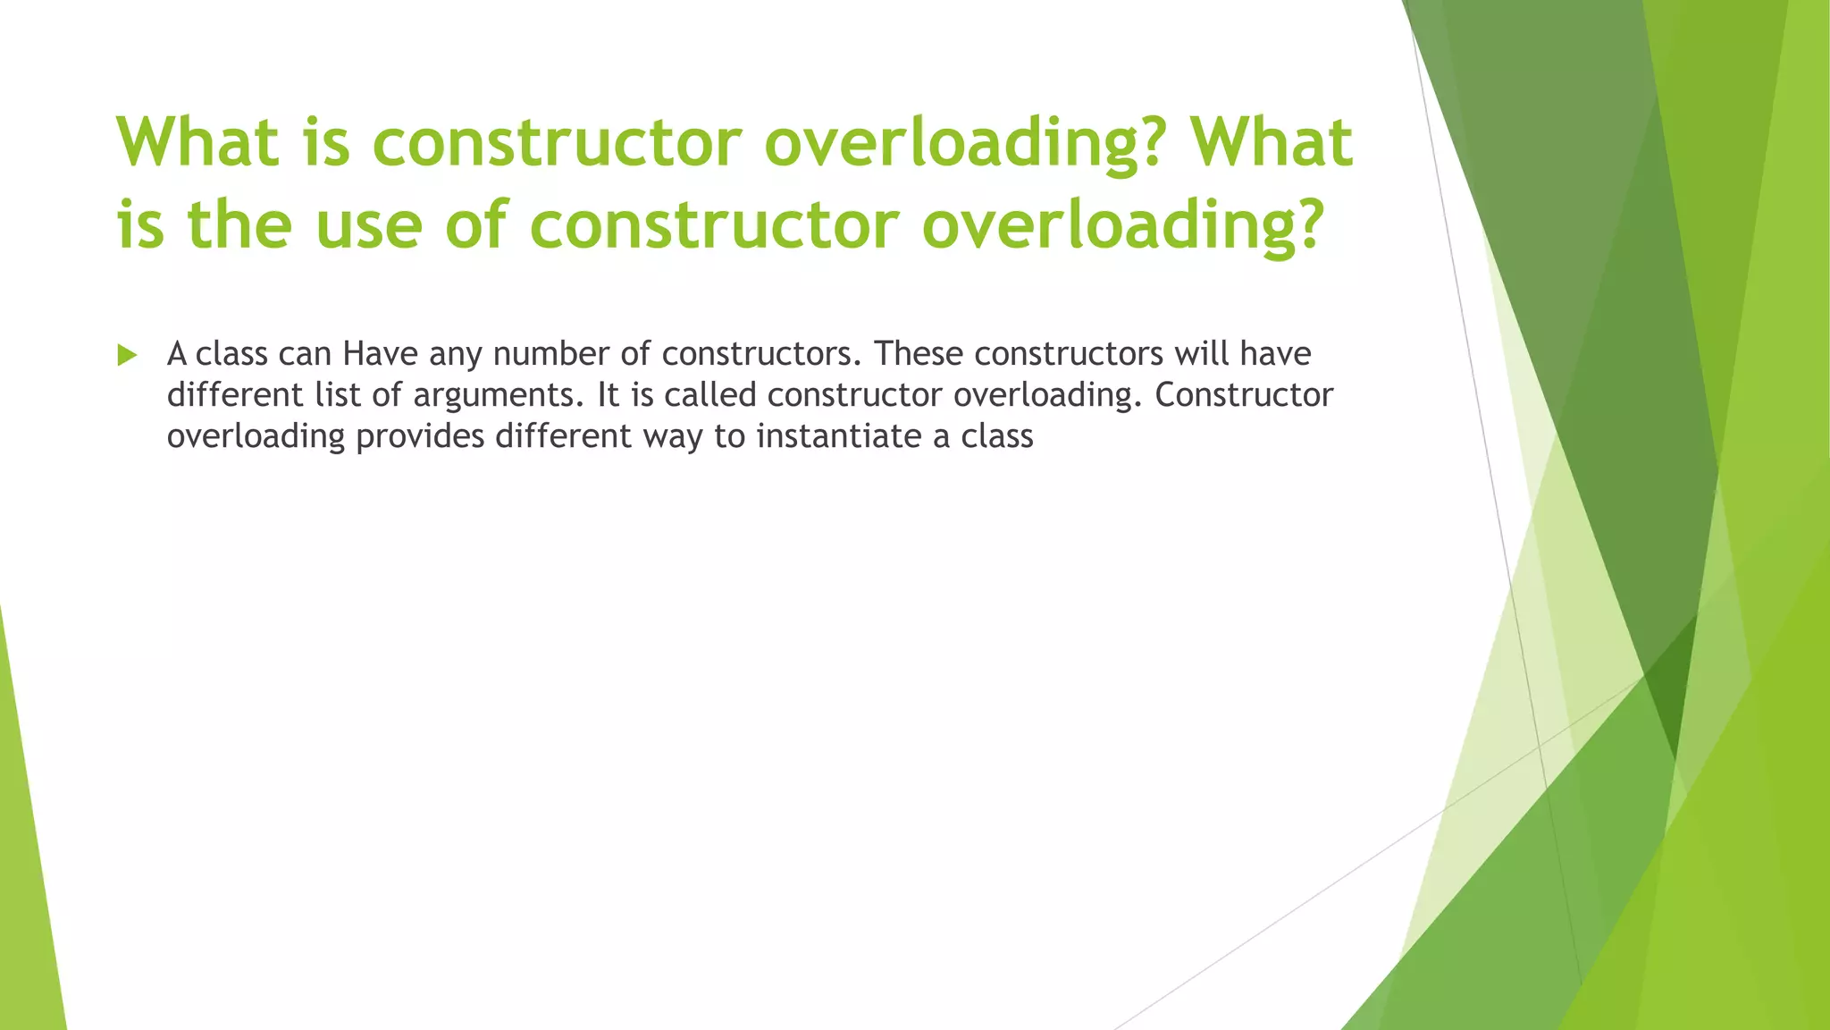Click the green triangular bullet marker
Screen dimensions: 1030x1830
[127, 355]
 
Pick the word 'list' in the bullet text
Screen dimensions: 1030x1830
[337, 395]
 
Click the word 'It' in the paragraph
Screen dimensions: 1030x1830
[609, 395]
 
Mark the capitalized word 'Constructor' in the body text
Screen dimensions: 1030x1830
[1244, 395]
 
